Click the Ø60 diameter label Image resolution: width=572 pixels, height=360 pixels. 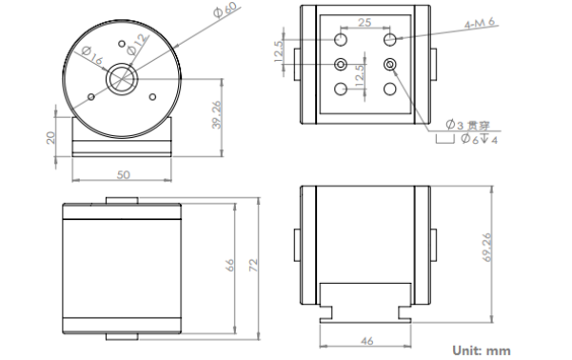[x=226, y=10]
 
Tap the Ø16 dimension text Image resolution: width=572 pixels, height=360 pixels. [x=92, y=55]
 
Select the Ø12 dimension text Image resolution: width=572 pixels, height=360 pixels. [x=138, y=45]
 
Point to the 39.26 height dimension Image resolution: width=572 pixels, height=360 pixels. [x=217, y=114]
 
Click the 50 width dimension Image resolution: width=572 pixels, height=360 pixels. [x=124, y=175]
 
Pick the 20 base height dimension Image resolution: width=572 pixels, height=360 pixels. [x=51, y=138]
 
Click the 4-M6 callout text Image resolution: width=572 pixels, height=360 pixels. [x=480, y=23]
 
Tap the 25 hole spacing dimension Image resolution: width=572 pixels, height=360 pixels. [x=365, y=23]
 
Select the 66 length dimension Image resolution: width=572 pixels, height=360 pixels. [x=229, y=265]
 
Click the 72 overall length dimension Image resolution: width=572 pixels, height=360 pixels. [x=253, y=265]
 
